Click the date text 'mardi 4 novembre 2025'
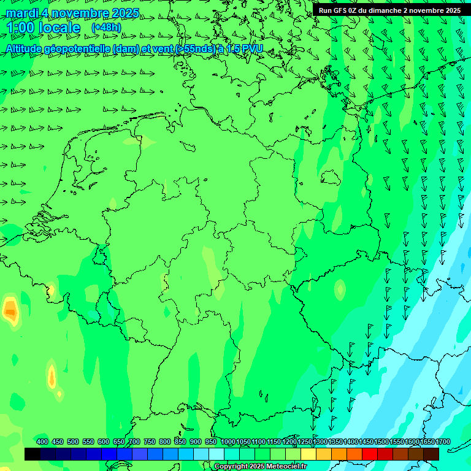pyautogui.click(x=72, y=13)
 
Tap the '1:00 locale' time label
pyautogui.click(x=43, y=28)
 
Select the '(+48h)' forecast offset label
pyautogui.click(x=106, y=28)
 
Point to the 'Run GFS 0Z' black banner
pyautogui.click(x=389, y=10)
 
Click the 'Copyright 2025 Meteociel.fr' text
pyautogui.click(x=261, y=467)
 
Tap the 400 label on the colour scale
pyautogui.click(x=42, y=442)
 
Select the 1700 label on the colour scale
pyautogui.click(x=443, y=442)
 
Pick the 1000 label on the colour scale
pyautogui.click(x=228, y=442)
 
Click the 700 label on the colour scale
pyautogui.click(x=134, y=442)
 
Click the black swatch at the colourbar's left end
pyautogui.click(x=33, y=454)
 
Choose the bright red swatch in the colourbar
pyautogui.click(x=370, y=454)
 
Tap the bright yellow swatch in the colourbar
pyautogui.click(x=308, y=454)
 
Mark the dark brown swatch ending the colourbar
pyautogui.click(x=431, y=454)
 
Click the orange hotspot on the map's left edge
pyautogui.click(x=10, y=311)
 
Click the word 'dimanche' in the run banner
pyautogui.click(x=383, y=10)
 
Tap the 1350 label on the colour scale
pyautogui.click(x=335, y=442)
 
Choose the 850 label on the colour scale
pyautogui.click(x=180, y=442)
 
